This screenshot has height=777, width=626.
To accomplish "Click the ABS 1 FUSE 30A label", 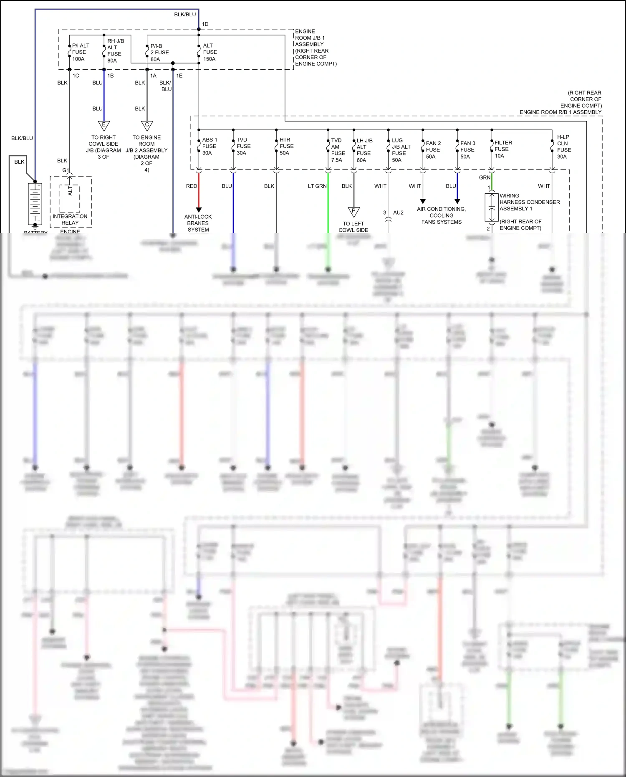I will pos(209,146).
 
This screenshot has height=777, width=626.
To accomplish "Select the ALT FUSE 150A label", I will pos(210,52).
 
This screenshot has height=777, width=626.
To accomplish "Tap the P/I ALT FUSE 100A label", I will pos(80,52).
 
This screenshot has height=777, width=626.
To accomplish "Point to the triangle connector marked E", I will pos(104,125).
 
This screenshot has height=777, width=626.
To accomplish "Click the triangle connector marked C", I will pos(147,125).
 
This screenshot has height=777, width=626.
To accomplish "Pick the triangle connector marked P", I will pos(353,212).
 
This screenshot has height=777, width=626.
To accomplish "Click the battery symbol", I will pos(35,204).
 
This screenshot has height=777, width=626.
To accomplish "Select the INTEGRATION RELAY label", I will pos(70,219).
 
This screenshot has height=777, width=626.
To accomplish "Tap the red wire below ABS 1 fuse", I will pos(199,190).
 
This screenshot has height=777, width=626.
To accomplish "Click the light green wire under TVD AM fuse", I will pos(328,209).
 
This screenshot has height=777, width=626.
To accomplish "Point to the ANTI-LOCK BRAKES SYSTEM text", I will pos(198,223).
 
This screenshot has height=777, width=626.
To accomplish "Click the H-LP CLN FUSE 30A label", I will pos(563,147).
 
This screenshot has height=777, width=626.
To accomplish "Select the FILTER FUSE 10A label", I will pos(502,149).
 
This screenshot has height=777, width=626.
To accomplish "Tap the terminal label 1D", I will pos(205,24).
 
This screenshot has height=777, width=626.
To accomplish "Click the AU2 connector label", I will pos(398,213).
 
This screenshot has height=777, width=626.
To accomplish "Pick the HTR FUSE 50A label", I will pos(286,146).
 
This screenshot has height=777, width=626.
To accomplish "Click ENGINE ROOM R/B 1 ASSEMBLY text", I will pos(560,112).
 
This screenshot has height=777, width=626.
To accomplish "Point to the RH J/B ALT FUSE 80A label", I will pos(115,51).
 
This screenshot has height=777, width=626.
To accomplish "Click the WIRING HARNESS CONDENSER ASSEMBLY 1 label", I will pos(529,202).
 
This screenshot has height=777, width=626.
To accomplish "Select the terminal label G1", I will pos(65,170).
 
